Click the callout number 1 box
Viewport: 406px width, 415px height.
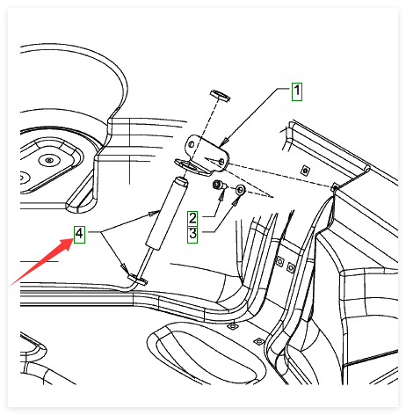(297, 91)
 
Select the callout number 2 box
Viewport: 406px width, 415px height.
(192, 218)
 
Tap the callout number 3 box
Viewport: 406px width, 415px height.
(192, 235)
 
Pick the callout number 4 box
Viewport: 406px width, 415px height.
(79, 234)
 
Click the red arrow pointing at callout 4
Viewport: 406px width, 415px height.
(41, 262)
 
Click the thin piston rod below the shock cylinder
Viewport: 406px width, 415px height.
(146, 263)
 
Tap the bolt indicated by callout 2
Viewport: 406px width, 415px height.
(219, 186)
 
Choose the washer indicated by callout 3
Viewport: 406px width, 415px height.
(241, 190)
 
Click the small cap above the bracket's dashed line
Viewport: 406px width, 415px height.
(220, 96)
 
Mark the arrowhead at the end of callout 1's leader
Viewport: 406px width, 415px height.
(224, 142)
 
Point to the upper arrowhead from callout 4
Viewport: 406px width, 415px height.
(155, 213)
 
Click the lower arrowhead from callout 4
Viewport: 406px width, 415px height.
(124, 267)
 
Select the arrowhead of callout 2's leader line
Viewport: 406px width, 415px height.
(222, 194)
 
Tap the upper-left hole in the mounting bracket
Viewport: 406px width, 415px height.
(191, 144)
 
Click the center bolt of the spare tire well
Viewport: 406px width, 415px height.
(49, 160)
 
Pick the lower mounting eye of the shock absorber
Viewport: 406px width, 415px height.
(137, 280)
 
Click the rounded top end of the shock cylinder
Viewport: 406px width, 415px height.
(181, 181)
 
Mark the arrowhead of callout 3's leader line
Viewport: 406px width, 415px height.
(236, 200)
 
